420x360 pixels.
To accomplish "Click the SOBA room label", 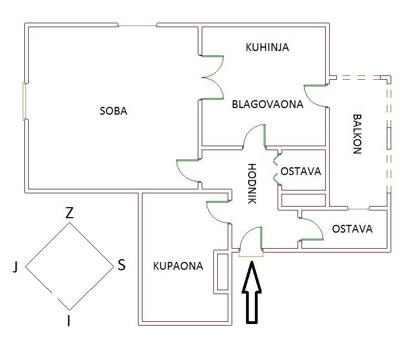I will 113,111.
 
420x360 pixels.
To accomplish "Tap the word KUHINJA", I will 267,47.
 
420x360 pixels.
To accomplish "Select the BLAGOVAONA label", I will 268,104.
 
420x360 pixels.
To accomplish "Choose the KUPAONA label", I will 178,266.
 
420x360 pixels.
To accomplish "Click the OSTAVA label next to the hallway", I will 300,171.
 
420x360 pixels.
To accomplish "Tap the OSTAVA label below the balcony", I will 352,229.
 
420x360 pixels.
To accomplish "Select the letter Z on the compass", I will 69,213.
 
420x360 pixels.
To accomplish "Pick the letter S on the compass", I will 121,265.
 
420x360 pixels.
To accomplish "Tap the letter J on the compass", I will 16,268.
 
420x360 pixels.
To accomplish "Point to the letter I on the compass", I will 69,321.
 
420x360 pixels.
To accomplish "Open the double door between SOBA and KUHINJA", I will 213,77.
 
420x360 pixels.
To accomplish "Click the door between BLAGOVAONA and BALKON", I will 315,96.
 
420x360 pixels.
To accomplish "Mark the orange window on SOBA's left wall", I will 24,101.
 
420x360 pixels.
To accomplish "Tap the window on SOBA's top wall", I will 137,25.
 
